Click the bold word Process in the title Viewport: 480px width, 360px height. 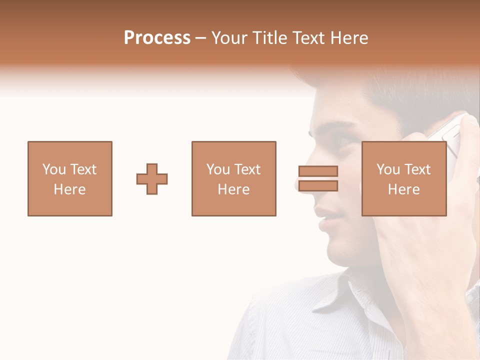[157, 38]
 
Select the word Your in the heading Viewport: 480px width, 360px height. [230, 38]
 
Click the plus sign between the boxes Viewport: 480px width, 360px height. [152, 179]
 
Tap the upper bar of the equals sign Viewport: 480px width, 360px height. [318, 171]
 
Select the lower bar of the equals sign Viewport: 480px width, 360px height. [318, 186]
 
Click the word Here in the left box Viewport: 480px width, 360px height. [69, 189]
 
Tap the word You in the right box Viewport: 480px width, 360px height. [388, 169]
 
